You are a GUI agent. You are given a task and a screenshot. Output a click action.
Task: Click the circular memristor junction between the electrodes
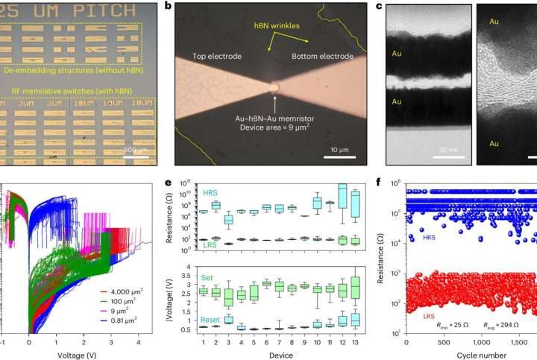click(277, 87)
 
